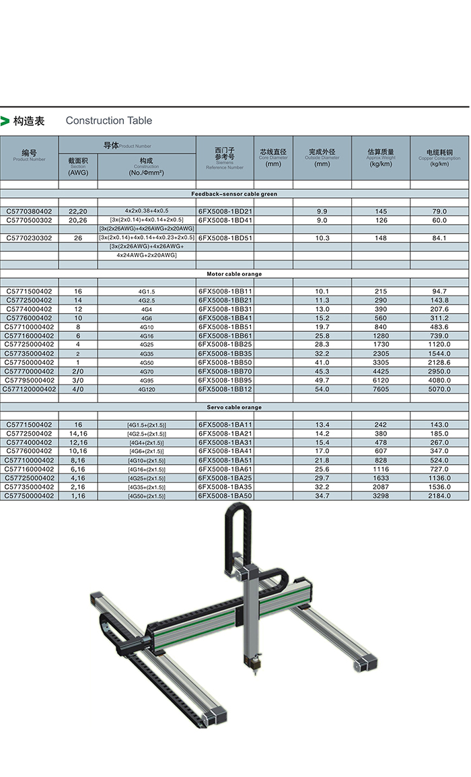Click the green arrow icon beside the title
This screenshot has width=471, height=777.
point(5,121)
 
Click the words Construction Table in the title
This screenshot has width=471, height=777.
point(109,121)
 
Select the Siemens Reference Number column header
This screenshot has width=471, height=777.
point(225,158)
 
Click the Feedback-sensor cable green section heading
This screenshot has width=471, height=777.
point(234,194)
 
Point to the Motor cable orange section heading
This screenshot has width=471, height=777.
point(234,274)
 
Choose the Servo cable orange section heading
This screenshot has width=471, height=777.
point(234,407)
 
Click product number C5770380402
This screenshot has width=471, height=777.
point(29,211)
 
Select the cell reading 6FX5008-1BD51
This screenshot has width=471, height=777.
point(225,238)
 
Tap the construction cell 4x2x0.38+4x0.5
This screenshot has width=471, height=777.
point(147,211)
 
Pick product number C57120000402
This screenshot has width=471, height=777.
point(29,389)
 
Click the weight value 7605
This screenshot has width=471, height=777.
point(381,389)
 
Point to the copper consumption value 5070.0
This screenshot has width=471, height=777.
point(439,389)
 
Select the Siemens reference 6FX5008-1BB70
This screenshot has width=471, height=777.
point(225,372)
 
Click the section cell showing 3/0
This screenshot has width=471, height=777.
point(78,380)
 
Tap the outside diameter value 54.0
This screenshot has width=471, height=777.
point(322,389)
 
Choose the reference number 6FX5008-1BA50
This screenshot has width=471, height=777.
point(225,496)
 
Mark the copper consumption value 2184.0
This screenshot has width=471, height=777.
point(439,496)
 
